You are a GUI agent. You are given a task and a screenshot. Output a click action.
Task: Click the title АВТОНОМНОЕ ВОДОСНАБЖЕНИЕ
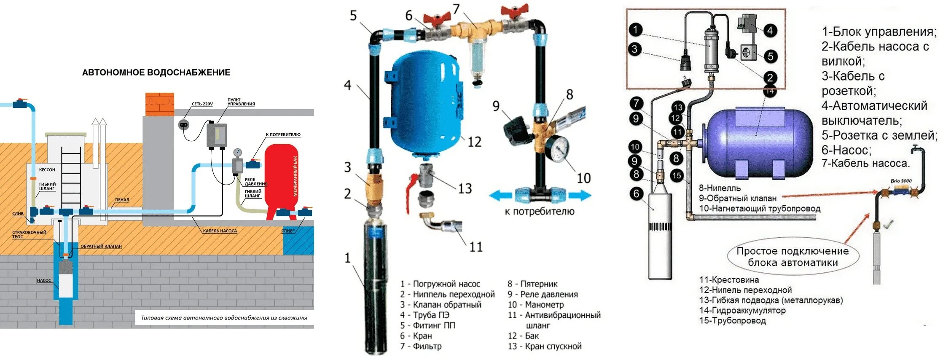pyautogui.click(x=156, y=73)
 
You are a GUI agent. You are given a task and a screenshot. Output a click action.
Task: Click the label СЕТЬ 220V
pyautogui.click(x=202, y=104)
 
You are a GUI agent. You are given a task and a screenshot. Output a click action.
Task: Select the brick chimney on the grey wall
pyautogui.click(x=159, y=104)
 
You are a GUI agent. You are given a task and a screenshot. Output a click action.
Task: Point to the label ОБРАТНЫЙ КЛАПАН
pyautogui.click(x=101, y=246)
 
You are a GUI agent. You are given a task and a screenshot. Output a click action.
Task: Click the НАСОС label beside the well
pyautogui.click(x=44, y=280)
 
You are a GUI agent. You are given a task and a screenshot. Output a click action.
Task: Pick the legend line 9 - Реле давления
pyautogui.click(x=543, y=294)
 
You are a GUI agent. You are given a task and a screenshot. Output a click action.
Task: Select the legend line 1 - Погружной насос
pyautogui.click(x=440, y=284)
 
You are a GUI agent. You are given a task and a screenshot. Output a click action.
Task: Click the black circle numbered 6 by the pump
pyautogui.click(x=636, y=193)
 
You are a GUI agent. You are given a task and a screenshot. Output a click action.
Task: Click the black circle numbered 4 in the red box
pyautogui.click(x=770, y=30)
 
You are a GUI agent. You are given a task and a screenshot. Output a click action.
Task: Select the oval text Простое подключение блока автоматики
pyautogui.click(x=793, y=257)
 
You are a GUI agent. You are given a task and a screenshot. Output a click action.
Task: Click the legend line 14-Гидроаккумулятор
pyautogui.click(x=742, y=310)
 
